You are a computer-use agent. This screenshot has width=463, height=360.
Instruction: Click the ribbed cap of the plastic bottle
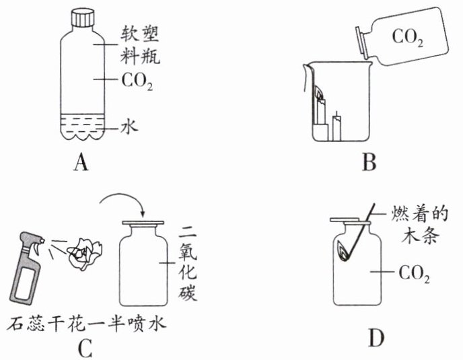point(83,18)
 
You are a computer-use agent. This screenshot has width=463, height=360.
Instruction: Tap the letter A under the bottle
point(81,163)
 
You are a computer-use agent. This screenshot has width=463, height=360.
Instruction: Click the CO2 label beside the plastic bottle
point(137,81)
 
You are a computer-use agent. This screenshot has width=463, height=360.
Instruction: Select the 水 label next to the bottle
point(129,127)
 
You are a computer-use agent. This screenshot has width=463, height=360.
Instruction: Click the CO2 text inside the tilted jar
point(408,38)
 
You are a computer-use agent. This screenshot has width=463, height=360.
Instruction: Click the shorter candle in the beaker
point(337,127)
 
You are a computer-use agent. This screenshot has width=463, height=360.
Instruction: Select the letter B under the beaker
point(369,162)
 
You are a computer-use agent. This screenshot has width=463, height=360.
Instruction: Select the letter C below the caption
point(85,348)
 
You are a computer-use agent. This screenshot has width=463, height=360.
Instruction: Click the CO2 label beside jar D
point(414,274)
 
